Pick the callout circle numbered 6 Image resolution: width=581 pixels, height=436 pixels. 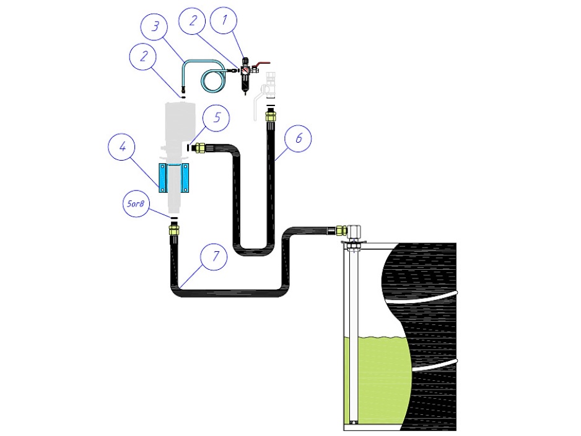tap(298, 138)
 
